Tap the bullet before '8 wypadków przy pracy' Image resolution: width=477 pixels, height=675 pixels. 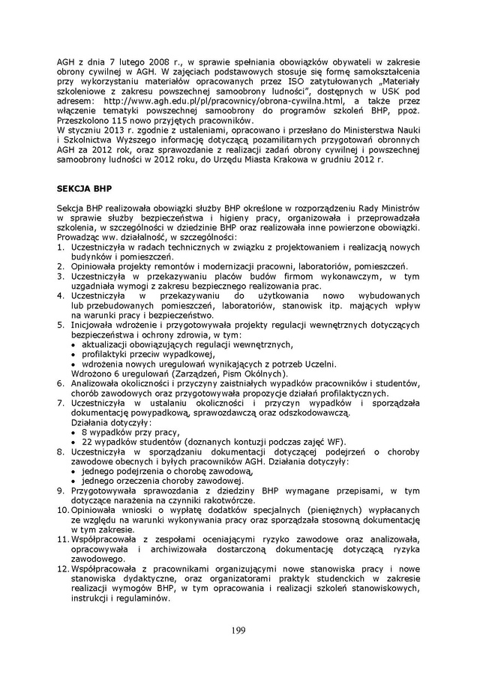[x=73, y=432]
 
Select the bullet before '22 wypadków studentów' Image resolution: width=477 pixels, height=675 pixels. [x=73, y=442]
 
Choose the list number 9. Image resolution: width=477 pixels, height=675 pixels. [x=61, y=490]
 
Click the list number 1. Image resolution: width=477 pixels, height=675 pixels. [x=61, y=247]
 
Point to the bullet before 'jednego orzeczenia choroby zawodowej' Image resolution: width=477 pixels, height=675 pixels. [x=73, y=481]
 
